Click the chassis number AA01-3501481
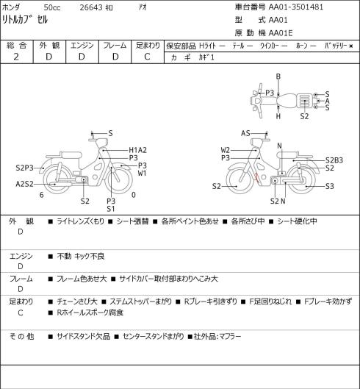(296, 7)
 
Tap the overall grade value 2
(16, 57)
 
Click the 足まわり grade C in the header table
(147, 57)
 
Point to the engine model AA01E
(281, 33)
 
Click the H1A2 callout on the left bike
(138, 150)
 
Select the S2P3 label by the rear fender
(24, 168)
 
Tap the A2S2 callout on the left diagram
(24, 184)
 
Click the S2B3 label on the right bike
(334, 160)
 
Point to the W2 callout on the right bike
(226, 150)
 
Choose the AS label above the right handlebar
(245, 134)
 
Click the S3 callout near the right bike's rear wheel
(330, 186)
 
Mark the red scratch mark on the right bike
(257, 177)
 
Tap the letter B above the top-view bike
(278, 76)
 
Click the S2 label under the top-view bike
(304, 116)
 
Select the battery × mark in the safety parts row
(350, 46)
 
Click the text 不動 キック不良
(81, 256)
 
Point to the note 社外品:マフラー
(217, 337)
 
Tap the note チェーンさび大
(77, 301)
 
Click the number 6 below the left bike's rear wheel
(42, 195)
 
